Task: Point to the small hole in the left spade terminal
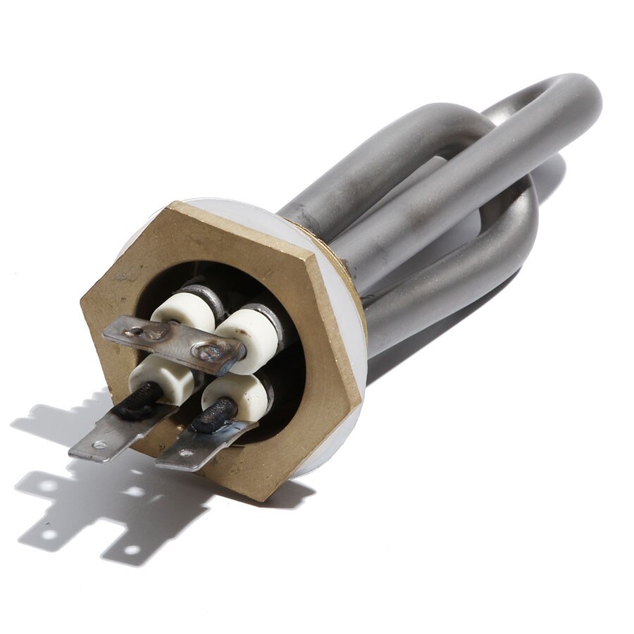pos(99,445)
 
